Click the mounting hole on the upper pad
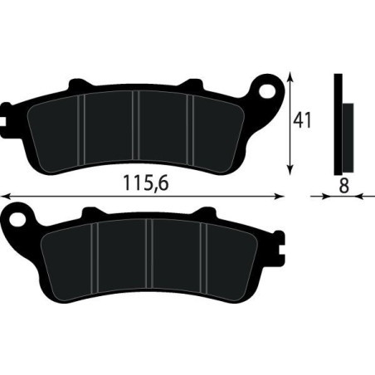267,86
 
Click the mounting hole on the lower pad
18,219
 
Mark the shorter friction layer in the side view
347,133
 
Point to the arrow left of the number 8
319,197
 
